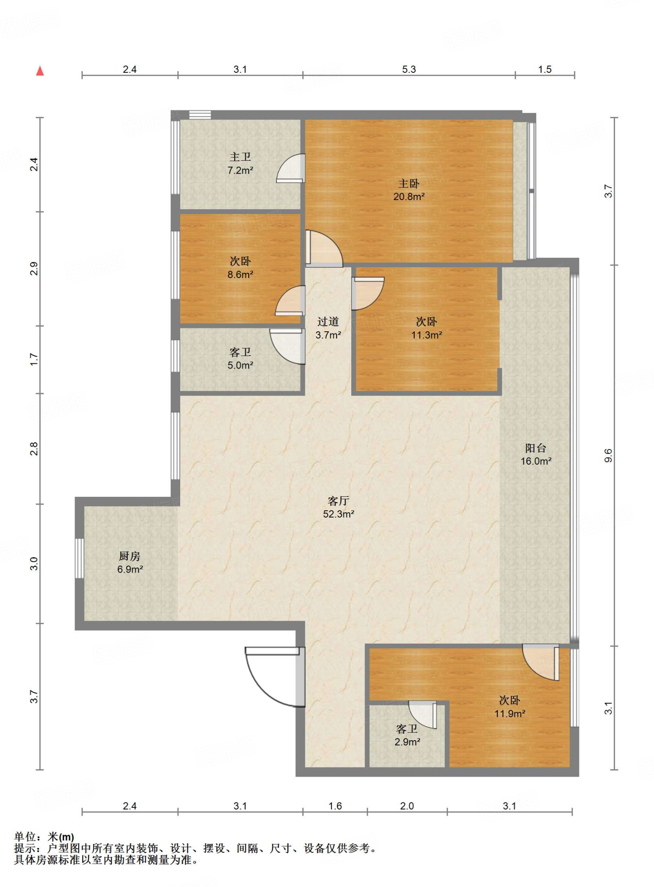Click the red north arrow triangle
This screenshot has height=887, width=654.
40,71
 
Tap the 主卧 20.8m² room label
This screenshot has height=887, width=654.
409,190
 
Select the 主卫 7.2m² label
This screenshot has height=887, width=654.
240,164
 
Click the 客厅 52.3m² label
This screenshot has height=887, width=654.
338,508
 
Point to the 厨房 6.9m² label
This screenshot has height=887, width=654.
130,563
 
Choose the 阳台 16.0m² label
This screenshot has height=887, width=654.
536,455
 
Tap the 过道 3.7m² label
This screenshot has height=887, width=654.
328,328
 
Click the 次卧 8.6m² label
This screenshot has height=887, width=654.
240,268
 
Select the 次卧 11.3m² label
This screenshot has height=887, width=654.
427,328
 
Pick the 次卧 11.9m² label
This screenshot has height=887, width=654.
510,707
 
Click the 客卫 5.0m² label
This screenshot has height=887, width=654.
240,359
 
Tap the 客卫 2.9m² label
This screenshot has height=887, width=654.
407,735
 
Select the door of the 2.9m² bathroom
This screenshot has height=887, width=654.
422,715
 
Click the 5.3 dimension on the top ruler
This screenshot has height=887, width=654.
409,69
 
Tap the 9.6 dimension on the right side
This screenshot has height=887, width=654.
608,456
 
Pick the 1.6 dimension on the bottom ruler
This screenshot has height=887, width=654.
335,806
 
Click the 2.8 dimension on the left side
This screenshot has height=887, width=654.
34,449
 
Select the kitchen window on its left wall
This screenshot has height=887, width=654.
79,558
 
